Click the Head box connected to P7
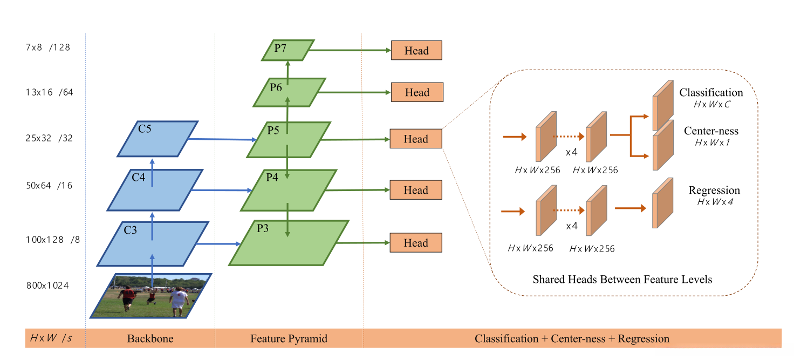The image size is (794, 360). tap(416, 50)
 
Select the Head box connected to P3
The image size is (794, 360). tap(416, 242)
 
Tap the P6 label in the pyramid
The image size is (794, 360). tap(276, 87)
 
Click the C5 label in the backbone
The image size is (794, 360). tap(145, 128)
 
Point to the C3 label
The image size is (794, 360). tap(130, 230)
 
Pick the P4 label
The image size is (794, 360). tap(272, 177)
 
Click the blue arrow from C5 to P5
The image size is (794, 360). tap(222, 139)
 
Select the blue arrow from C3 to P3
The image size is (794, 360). tap(218, 243)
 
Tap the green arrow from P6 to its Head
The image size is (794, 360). tap(354, 92)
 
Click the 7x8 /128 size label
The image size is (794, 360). tap(48, 47)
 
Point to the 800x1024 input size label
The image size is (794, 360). tap(47, 286)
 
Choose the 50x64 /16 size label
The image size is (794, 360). tap(49, 186)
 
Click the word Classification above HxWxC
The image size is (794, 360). tap(711, 92)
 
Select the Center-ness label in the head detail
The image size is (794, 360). tap(711, 131)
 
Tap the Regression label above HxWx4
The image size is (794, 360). tap(714, 190)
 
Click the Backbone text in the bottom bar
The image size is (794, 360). tap(150, 338)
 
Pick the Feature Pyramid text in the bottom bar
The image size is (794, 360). tap(289, 338)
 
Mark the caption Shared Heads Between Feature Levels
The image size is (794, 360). tap(622, 279)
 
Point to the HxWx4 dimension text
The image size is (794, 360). tap(715, 202)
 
